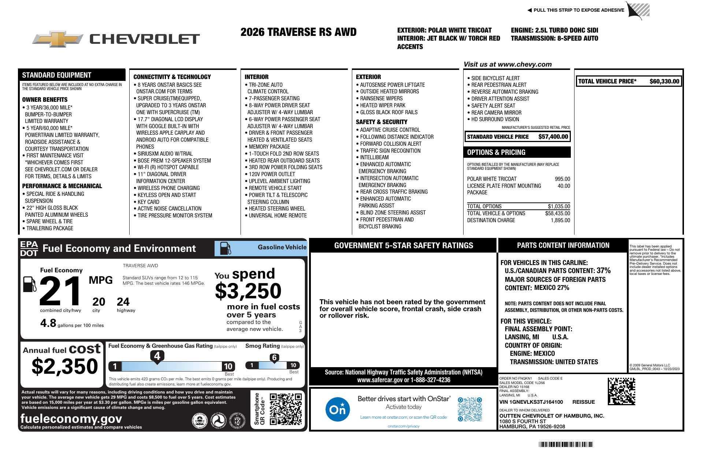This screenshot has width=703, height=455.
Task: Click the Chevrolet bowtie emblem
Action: coord(58,39)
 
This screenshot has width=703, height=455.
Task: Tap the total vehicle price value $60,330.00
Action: coord(664,81)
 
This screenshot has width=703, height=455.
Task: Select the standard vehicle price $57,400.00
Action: coord(553,137)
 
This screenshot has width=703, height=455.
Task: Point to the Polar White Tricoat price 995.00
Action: coord(562,179)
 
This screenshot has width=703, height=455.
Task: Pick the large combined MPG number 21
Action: coord(60,291)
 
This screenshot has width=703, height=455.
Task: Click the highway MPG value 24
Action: coord(123,302)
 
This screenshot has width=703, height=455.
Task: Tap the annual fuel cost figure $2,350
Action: coord(65,366)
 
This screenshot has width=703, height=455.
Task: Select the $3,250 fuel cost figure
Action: coord(248,291)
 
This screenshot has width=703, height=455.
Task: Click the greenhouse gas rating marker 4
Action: coord(157,356)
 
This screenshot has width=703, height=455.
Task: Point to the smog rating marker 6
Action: coord(274,358)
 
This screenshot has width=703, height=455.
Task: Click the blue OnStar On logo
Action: coord(337,409)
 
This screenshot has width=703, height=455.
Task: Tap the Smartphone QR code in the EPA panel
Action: coord(286,409)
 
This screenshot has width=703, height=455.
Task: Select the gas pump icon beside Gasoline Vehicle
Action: coord(225,248)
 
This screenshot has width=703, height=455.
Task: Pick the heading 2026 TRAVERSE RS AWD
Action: coord(298,32)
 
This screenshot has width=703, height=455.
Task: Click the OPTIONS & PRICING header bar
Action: coord(517,152)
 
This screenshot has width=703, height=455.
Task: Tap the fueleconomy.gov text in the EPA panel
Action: coord(71,418)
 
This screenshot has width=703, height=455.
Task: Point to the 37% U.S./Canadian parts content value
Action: coord(603,271)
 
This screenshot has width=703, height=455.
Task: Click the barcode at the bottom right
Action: coord(566,444)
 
